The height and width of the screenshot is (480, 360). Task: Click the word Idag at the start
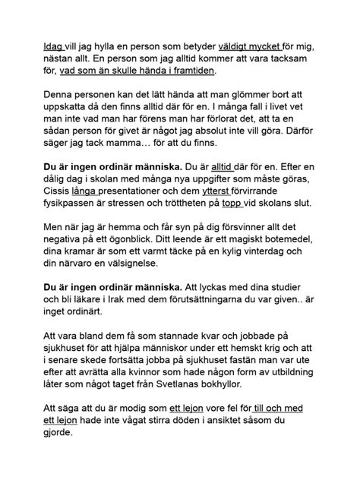click(x=53, y=46)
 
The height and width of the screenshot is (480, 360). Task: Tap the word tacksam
click(x=293, y=58)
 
